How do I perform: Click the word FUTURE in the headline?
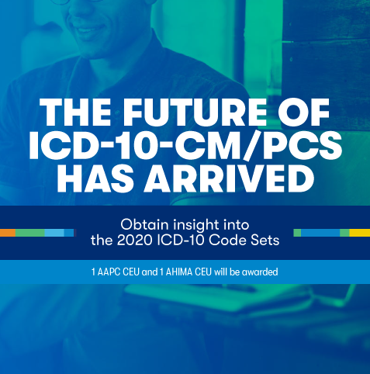click(x=195, y=112)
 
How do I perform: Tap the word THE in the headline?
click(x=75, y=112)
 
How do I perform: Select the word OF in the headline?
click(x=304, y=112)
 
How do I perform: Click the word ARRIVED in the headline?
click(x=230, y=178)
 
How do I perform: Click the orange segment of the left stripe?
click(x=8, y=233)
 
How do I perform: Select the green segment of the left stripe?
click(x=30, y=233)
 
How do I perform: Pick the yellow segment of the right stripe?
click(x=360, y=233)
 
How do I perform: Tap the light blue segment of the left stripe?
click(x=54, y=233)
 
